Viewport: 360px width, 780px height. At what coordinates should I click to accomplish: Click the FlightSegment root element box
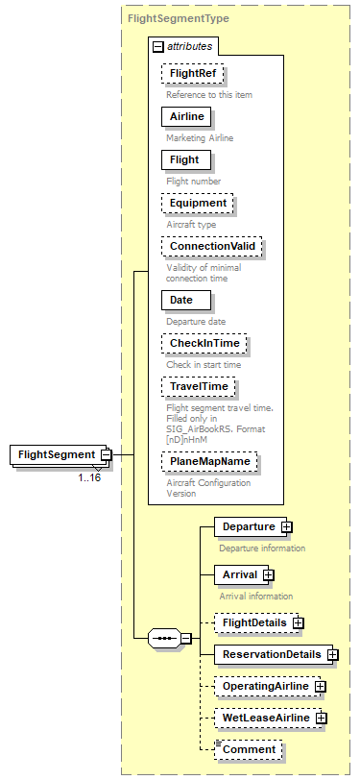tap(55, 454)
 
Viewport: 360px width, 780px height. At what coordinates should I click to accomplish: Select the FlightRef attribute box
tap(193, 74)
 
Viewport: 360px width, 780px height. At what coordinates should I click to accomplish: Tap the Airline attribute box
tap(187, 117)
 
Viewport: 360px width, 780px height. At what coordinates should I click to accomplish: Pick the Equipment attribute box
tap(198, 204)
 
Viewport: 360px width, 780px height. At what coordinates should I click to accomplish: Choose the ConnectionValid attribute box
tap(212, 247)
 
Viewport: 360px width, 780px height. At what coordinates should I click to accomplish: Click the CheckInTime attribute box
tap(204, 343)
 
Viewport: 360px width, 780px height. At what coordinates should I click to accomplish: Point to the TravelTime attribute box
tap(201, 386)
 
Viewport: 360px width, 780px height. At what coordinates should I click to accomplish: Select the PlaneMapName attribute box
tap(210, 462)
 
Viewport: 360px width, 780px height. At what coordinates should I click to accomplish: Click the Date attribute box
tap(181, 300)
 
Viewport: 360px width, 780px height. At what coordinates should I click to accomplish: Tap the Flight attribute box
tap(184, 159)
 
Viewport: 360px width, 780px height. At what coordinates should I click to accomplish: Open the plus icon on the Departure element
tap(287, 526)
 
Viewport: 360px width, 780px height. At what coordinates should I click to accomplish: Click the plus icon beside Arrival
tap(269, 574)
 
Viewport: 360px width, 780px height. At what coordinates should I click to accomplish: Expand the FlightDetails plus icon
tap(299, 623)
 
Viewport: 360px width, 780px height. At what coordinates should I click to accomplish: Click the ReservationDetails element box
tap(270, 655)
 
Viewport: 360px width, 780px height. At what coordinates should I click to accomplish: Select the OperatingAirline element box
tap(265, 687)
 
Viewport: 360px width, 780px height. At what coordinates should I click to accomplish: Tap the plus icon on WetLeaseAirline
tap(322, 718)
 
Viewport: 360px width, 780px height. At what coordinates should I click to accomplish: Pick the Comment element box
tap(249, 748)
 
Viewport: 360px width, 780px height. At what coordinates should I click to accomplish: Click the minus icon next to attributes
tap(157, 46)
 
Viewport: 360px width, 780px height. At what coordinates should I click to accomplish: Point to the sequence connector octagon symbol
tap(164, 638)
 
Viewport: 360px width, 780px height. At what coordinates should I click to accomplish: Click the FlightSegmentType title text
tap(165, 18)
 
